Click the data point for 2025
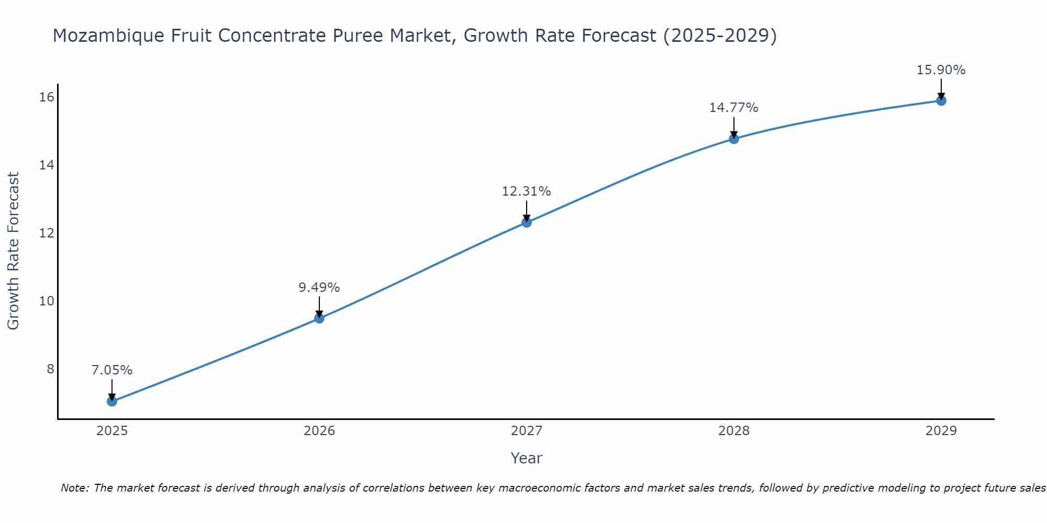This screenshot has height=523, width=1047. coord(112,401)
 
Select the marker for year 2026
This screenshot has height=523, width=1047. coord(319,318)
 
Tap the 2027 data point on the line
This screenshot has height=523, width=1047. coord(527,222)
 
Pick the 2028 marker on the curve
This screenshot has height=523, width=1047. coord(734,139)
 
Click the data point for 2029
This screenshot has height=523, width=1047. coord(941,100)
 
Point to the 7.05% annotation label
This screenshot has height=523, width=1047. coord(112,370)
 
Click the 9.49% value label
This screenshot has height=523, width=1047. coord(319,288)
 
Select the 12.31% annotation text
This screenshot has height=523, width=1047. coord(527,191)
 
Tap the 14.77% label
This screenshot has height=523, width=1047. coord(734,108)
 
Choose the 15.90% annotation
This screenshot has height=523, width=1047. coord(941,70)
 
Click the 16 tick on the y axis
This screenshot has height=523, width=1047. coord(47,97)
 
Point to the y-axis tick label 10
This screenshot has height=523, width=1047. coord(47,301)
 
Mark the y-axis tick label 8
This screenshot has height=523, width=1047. coord(50,369)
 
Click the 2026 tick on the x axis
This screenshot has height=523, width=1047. coord(319,431)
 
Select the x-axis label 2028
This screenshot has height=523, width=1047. coord(734,431)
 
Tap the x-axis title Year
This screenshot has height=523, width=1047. coord(527,458)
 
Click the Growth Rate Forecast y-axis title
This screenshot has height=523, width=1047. coord(14,251)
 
